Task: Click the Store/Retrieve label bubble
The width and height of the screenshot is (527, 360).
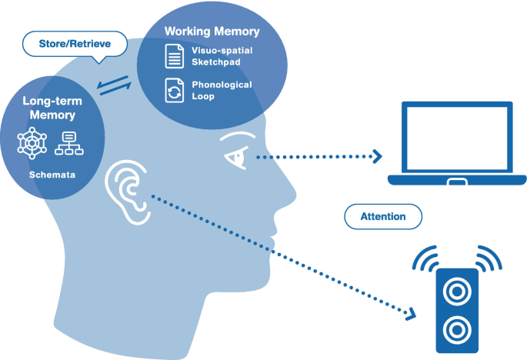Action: tap(75, 44)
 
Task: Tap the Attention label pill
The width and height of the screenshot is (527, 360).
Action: tap(383, 216)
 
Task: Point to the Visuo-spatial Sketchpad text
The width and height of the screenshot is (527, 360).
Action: tap(221, 55)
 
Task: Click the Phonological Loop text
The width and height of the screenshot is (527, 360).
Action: tap(222, 90)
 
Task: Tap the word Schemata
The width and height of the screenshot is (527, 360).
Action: tap(52, 175)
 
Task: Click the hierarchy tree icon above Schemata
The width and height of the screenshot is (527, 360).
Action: tap(69, 142)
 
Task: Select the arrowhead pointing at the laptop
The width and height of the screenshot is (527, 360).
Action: tap(376, 157)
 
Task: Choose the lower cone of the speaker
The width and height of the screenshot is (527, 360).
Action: tap(457, 329)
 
